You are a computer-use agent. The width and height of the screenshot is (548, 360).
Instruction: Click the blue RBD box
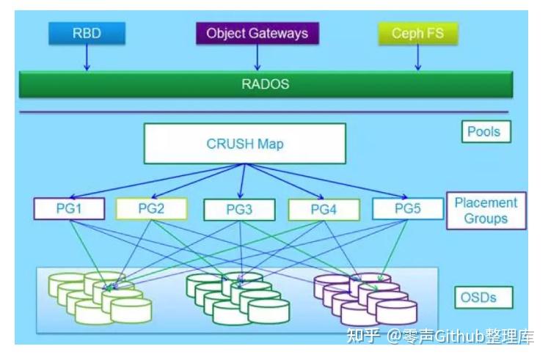87,33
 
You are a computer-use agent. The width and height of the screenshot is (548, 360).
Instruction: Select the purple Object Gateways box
257,34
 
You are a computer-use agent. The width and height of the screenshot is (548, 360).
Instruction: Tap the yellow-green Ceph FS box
417,34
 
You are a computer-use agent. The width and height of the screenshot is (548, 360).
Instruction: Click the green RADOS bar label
266,84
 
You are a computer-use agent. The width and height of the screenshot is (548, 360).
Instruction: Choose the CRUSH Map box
244,143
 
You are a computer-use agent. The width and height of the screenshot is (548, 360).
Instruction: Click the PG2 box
151,209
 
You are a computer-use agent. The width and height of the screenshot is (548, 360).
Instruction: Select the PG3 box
239,210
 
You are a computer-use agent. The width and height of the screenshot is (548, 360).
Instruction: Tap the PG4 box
324,210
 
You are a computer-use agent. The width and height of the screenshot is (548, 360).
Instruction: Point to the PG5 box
408,209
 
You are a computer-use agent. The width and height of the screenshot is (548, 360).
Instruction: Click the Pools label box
484,132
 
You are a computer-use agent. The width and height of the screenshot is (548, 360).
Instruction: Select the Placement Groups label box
486,211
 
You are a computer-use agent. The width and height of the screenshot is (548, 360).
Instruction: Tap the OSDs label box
483,298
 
